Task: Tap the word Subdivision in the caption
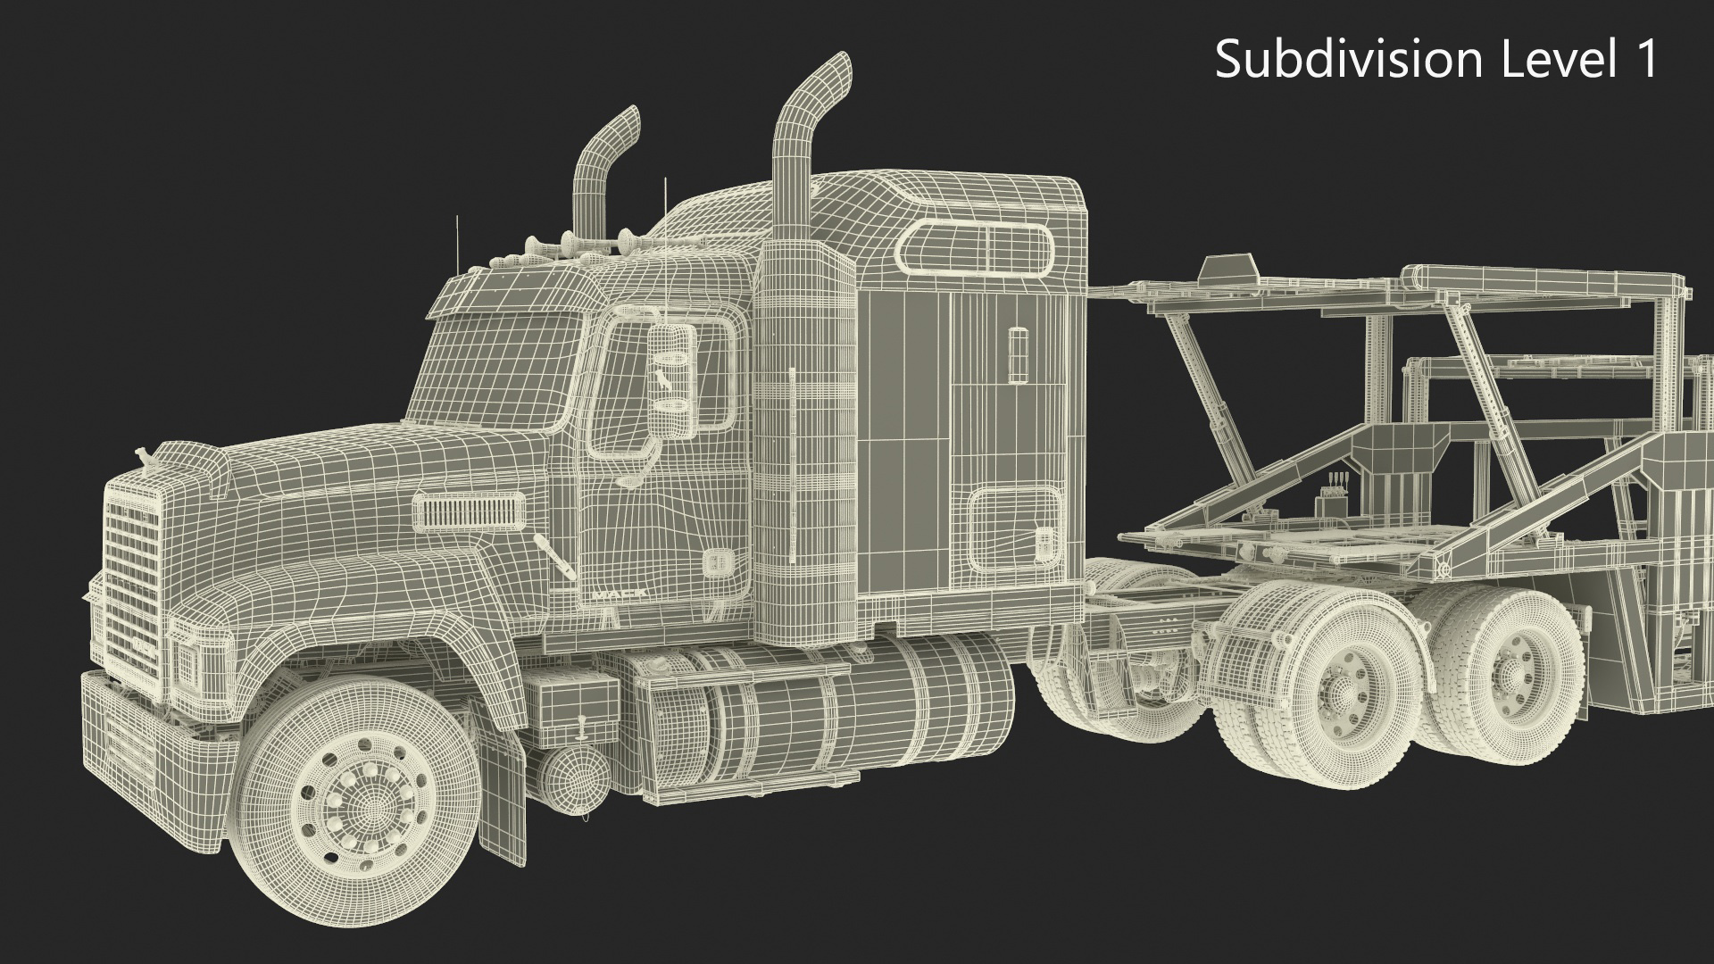click(1349, 61)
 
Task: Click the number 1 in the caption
click(1645, 59)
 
